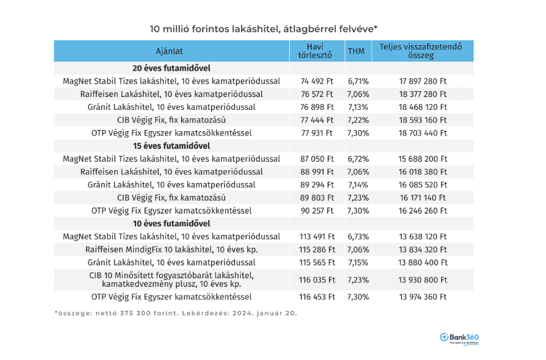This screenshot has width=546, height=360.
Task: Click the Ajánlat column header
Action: [x=169, y=51]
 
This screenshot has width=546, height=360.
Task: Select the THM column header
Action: [x=356, y=51]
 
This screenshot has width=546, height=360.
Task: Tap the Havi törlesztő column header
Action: [x=315, y=51]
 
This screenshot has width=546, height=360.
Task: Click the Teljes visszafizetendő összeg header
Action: [x=421, y=51]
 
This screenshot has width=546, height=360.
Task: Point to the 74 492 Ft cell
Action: [x=317, y=81]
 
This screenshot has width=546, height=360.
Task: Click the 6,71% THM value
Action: [x=358, y=81]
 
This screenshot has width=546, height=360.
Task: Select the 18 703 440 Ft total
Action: [x=423, y=133]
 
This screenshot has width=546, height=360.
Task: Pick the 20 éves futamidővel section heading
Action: [x=171, y=68]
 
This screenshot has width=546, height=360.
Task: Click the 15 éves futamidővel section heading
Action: [x=171, y=146]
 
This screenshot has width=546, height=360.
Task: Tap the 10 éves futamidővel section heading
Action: [x=171, y=223]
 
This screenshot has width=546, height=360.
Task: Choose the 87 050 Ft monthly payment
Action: [x=317, y=159]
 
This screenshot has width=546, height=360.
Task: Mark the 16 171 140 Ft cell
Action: [x=423, y=198]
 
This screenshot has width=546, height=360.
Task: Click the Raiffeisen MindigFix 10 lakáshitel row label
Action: [x=171, y=250]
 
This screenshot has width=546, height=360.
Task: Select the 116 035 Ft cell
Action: [x=317, y=279]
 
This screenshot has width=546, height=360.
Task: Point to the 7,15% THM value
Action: [x=358, y=262]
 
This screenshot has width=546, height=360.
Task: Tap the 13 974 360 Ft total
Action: [x=423, y=297]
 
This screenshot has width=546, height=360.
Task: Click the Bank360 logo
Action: [x=459, y=338]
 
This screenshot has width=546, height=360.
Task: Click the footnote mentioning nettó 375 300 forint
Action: [x=176, y=313]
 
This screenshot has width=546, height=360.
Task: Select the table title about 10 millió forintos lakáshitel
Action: [x=264, y=29]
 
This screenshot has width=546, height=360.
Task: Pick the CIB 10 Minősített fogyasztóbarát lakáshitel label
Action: [x=171, y=279]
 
